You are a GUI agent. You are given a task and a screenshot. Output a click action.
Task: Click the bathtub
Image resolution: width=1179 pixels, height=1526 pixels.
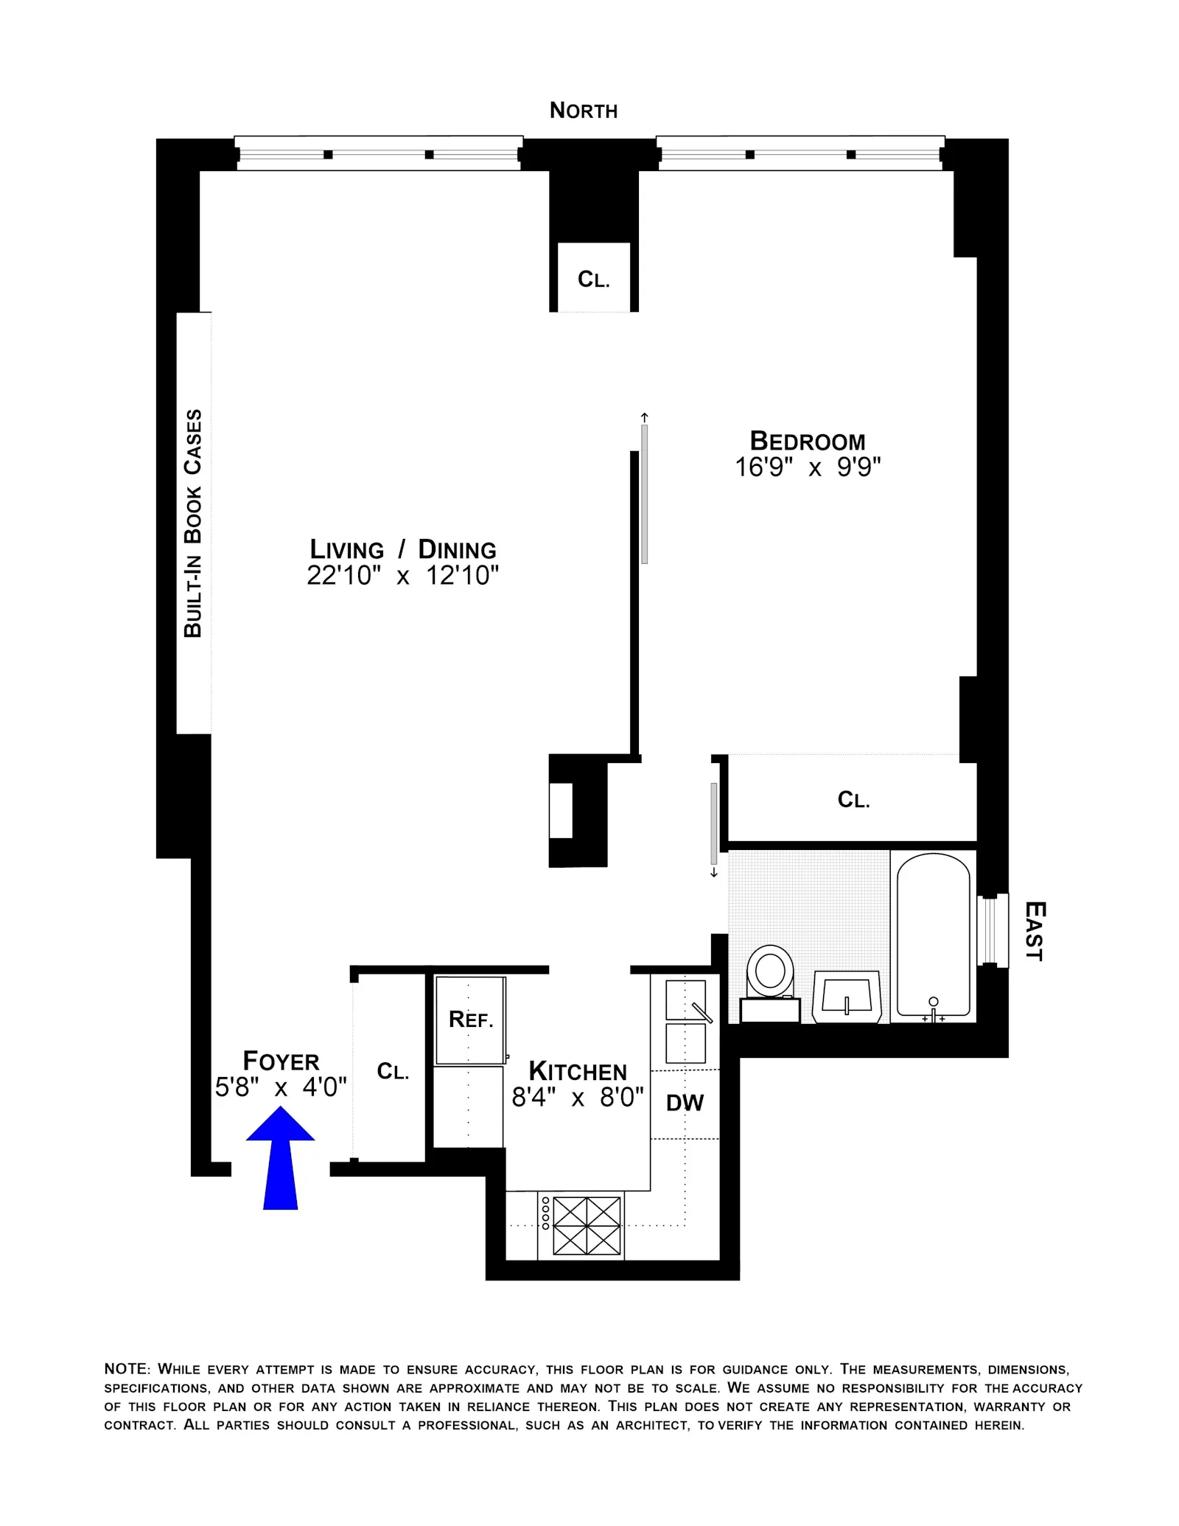click(x=933, y=934)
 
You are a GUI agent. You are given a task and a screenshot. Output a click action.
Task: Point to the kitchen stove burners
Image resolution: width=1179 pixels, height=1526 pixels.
click(x=587, y=1225)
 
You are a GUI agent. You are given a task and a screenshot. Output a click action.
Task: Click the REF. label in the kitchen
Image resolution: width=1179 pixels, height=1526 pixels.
click(x=471, y=1020)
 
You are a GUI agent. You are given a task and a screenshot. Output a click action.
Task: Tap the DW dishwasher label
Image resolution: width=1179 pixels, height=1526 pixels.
click(x=685, y=1103)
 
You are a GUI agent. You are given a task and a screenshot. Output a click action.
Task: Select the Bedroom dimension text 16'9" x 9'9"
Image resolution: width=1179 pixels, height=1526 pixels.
click(x=808, y=467)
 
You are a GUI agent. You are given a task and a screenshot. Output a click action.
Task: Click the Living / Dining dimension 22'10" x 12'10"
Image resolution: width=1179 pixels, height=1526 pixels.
click(x=402, y=576)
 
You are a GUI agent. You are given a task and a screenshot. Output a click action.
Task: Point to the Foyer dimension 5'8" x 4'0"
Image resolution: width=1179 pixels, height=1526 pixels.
click(x=281, y=1087)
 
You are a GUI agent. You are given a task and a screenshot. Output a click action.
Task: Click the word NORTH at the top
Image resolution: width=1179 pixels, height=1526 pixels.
click(x=584, y=111)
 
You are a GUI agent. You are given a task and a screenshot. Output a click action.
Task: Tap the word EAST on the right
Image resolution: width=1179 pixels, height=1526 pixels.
click(x=1035, y=931)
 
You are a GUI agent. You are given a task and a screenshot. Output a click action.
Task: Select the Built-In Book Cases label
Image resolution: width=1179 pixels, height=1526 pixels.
click(x=192, y=523)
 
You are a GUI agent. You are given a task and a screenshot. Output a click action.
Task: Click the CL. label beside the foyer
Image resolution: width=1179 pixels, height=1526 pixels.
click(x=393, y=1071)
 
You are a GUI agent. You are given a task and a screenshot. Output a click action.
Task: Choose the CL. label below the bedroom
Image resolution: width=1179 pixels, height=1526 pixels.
click(x=853, y=800)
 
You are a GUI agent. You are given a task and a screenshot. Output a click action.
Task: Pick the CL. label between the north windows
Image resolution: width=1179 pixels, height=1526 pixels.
click(x=593, y=279)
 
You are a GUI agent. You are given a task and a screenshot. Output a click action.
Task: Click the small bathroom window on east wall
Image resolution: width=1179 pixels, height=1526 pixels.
click(x=992, y=930)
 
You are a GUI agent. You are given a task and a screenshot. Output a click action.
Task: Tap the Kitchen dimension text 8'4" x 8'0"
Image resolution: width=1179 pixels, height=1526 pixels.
click(x=578, y=1098)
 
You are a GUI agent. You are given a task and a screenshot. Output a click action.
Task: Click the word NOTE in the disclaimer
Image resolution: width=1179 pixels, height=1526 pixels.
click(x=126, y=1369)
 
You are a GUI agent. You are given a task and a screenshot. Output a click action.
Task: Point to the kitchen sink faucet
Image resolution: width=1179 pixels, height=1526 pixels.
click(x=702, y=1013)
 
